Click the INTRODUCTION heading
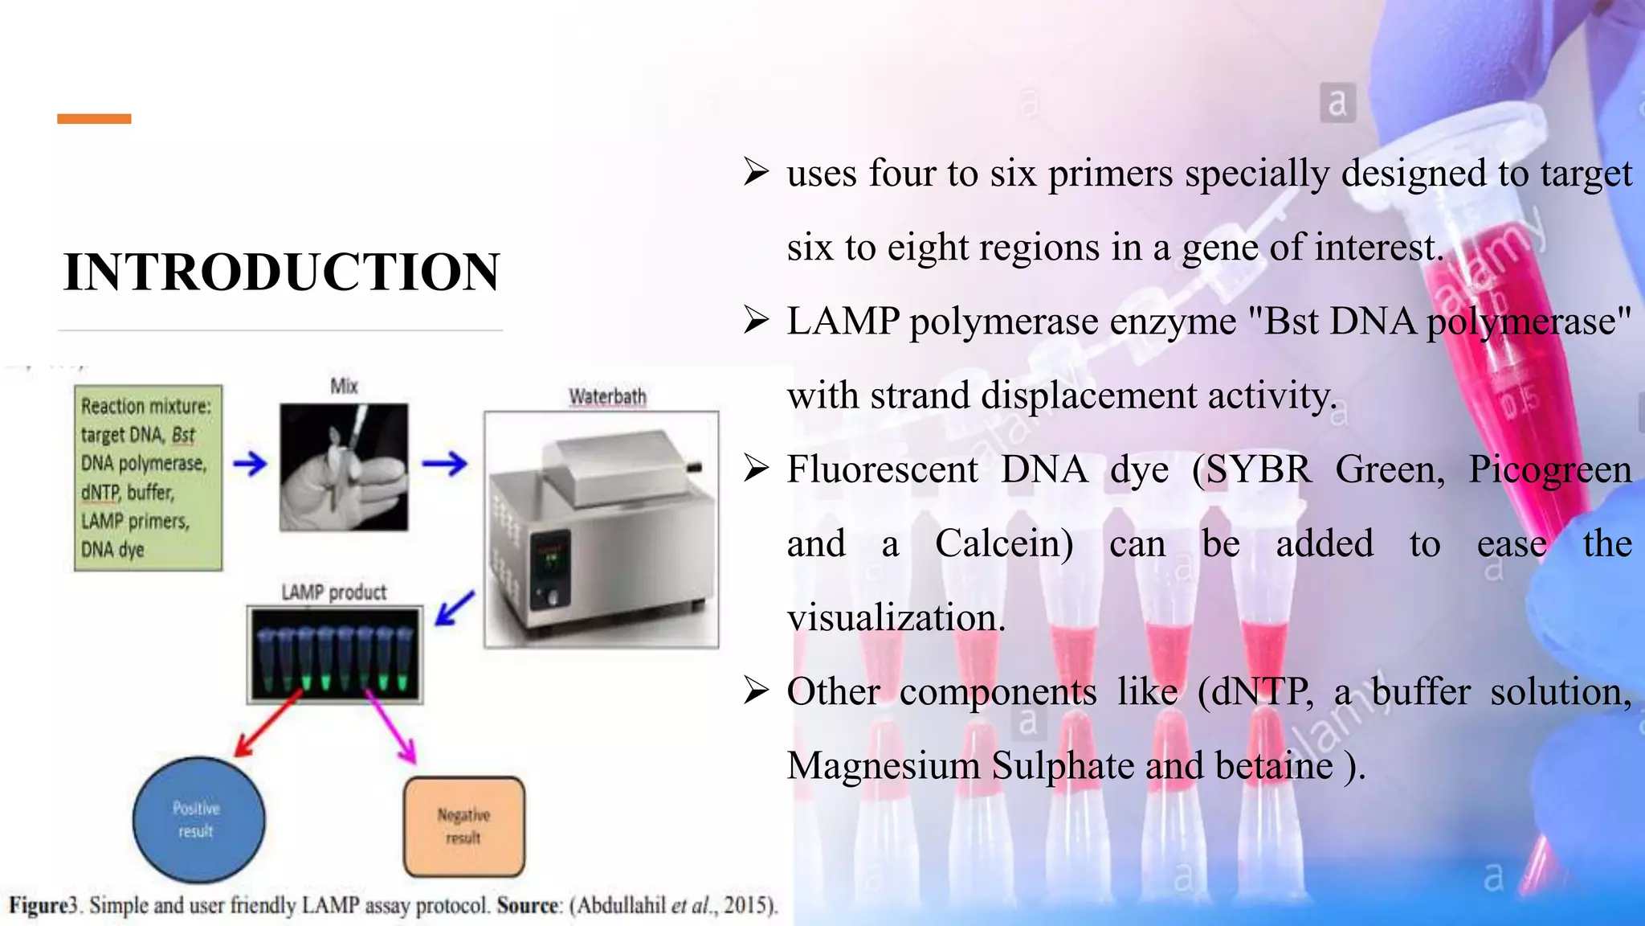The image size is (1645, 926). click(281, 272)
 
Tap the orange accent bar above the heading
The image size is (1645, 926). click(94, 119)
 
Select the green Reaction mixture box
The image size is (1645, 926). click(148, 478)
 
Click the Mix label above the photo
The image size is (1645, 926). click(344, 387)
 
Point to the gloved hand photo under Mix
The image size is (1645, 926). click(344, 467)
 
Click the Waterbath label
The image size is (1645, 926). click(607, 396)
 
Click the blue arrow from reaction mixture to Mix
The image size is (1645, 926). click(250, 464)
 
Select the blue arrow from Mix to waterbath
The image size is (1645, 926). click(444, 464)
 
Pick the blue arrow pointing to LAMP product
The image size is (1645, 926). click(455, 608)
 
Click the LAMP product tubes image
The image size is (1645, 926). click(334, 654)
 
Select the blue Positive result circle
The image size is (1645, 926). click(198, 820)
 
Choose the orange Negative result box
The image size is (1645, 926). click(464, 826)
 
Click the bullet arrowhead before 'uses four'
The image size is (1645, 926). click(756, 172)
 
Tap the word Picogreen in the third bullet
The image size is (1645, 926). click(1549, 470)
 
